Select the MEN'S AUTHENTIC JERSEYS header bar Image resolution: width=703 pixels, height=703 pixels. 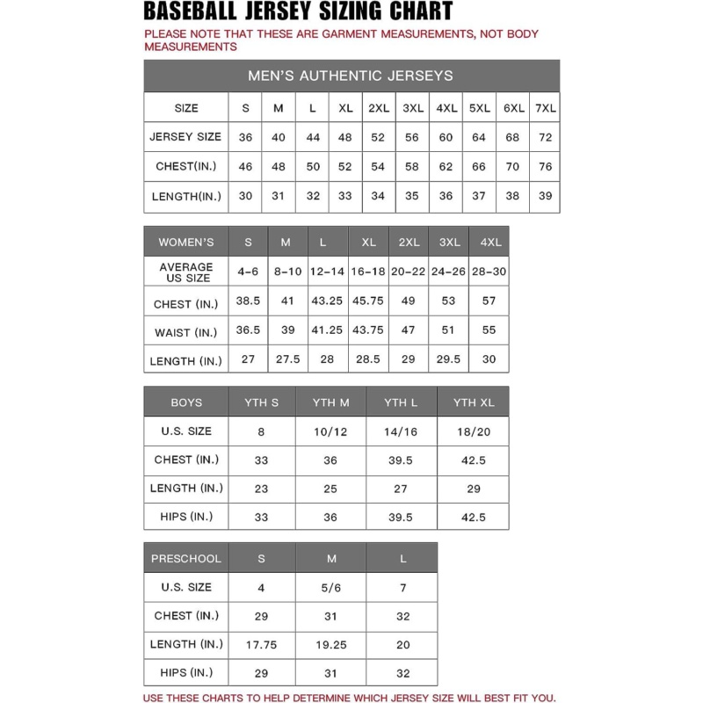point(351,76)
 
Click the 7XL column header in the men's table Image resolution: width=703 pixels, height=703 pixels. point(545,108)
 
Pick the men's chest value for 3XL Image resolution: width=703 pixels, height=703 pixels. point(411,166)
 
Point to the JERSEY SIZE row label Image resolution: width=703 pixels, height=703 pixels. point(185,137)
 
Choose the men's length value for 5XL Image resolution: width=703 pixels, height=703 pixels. point(479,196)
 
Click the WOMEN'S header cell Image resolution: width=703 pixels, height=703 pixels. point(185,242)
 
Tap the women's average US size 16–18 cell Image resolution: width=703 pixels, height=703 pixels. point(368,272)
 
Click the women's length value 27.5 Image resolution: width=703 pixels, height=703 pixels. point(286,359)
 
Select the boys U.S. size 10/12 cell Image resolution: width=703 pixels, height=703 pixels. point(330,431)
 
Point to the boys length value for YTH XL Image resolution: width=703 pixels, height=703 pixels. point(473,489)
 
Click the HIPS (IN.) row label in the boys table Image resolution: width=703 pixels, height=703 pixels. point(185,517)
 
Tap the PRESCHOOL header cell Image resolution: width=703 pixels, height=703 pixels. point(185,558)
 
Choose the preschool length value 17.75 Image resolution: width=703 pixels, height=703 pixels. point(261,644)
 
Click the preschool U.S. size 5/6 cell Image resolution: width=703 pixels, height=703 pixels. point(330,587)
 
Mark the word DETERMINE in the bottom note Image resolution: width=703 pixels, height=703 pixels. point(322,698)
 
